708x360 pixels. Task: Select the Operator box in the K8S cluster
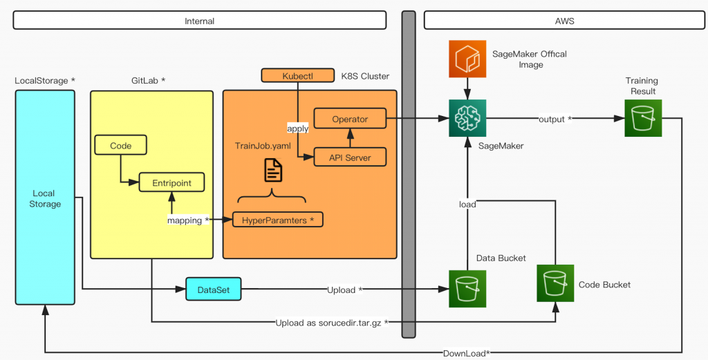click(350, 119)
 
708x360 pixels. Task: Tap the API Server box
click(350, 158)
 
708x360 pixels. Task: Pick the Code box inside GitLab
click(121, 145)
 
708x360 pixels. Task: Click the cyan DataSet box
click(213, 290)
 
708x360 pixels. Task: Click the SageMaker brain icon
click(468, 118)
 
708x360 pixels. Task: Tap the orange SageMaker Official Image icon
click(468, 59)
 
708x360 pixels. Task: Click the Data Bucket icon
click(468, 289)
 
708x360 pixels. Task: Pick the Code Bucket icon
click(555, 284)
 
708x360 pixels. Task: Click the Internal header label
click(200, 21)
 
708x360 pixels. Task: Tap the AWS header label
click(564, 21)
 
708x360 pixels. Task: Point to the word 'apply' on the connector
click(298, 129)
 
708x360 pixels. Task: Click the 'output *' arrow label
click(555, 119)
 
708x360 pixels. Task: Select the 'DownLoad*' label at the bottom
click(466, 354)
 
